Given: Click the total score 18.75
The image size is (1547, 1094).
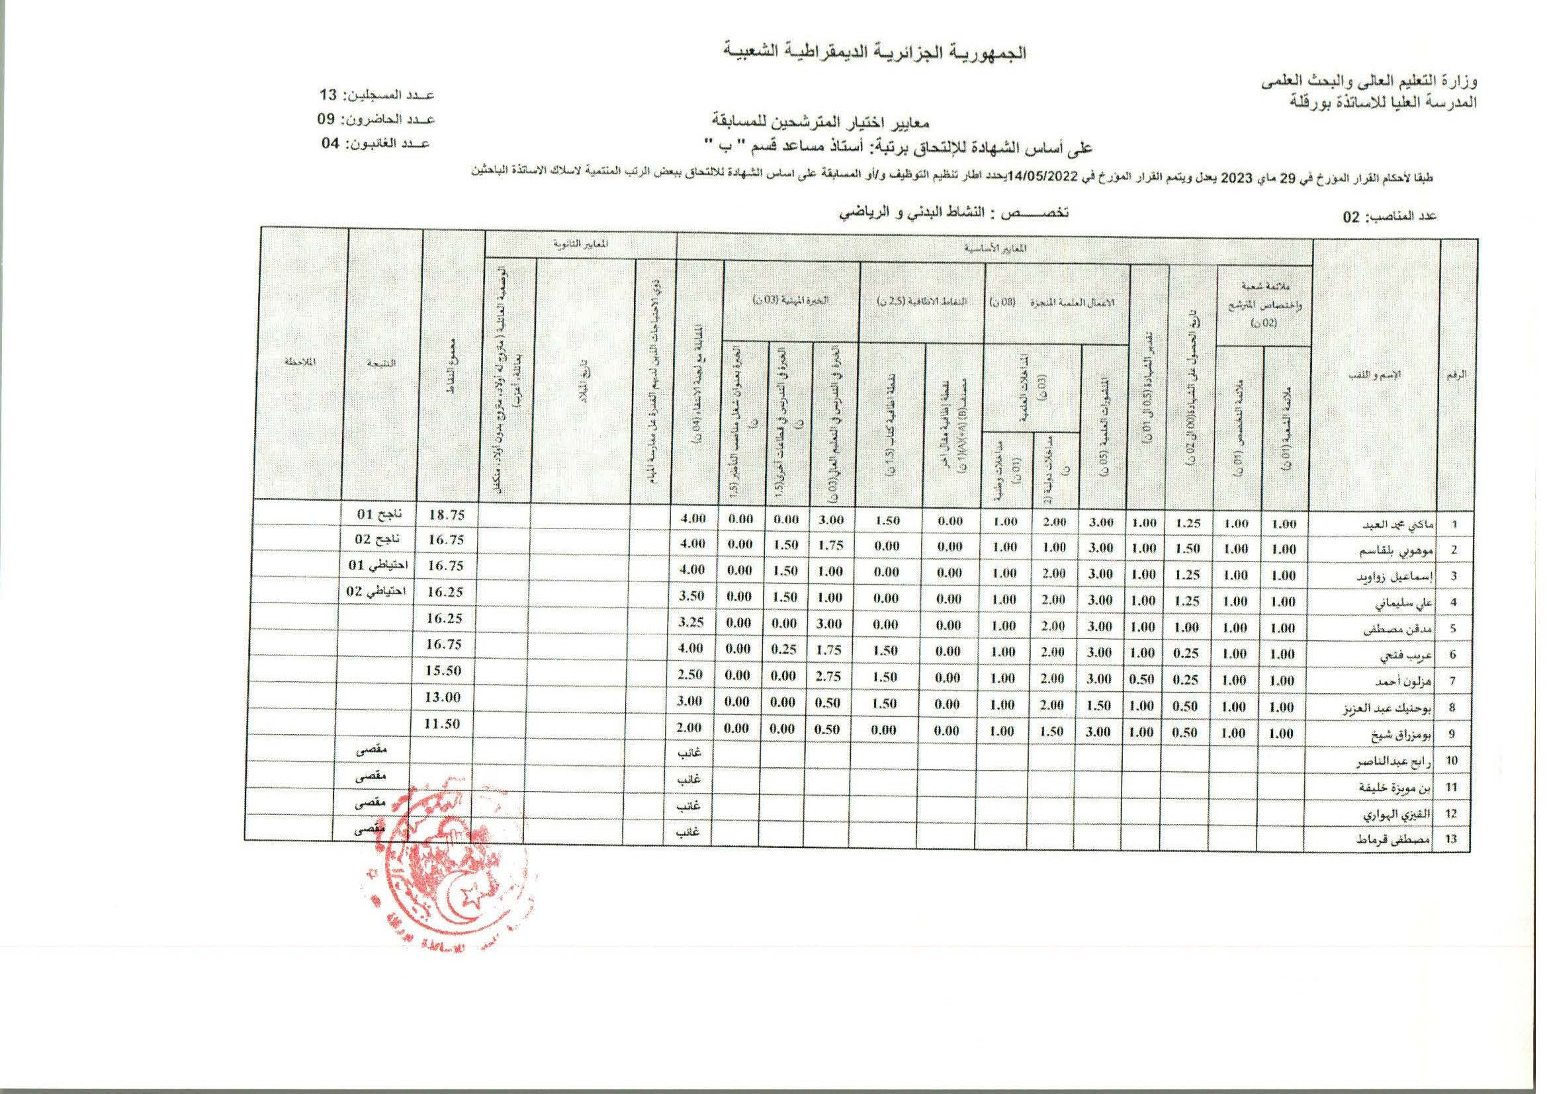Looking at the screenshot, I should (x=447, y=515).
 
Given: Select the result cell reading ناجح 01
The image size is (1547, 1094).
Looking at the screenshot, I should (x=378, y=515).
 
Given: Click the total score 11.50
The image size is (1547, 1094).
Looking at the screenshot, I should (x=442, y=724).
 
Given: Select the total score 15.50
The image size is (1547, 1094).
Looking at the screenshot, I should (x=443, y=671).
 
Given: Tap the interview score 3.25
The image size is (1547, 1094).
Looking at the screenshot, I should (x=691, y=622).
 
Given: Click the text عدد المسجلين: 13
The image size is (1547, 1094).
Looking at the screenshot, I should (x=376, y=95).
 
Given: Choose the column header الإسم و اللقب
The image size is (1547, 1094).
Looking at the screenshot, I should (x=1374, y=374).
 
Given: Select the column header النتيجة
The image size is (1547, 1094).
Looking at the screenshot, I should (x=382, y=363).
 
